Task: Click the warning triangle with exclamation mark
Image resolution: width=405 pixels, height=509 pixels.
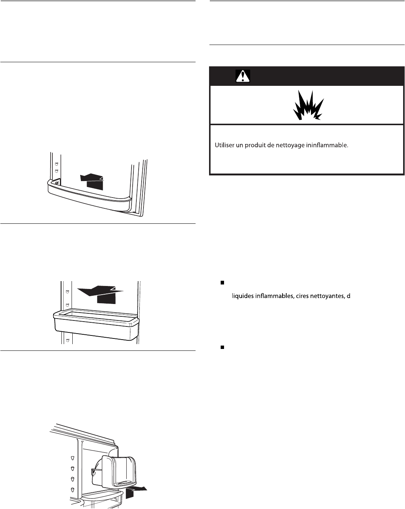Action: click(x=243, y=76)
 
